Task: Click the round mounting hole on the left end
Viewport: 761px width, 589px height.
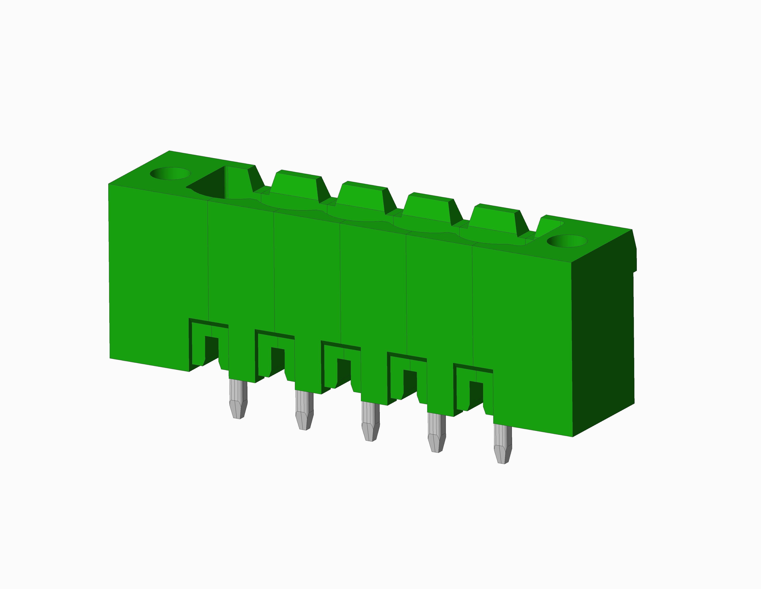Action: [x=170, y=173]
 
